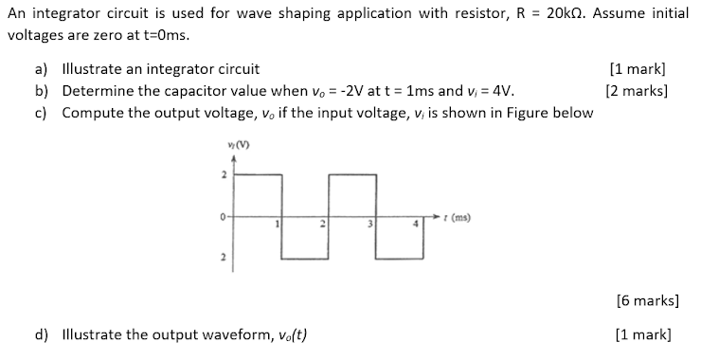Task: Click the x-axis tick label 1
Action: (276, 224)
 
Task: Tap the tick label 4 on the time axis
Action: (414, 224)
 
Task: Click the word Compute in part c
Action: (91, 113)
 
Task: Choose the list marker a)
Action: (42, 69)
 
